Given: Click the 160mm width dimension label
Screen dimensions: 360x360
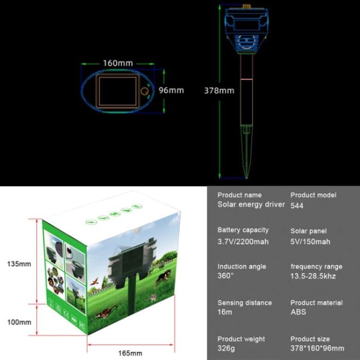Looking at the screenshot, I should pyautogui.click(x=118, y=63).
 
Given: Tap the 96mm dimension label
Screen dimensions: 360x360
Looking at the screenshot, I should pyautogui.click(x=171, y=90).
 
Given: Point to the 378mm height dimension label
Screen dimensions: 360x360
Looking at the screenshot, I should pyautogui.click(x=220, y=91).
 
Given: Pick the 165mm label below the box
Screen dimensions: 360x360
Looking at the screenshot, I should pyautogui.click(x=130, y=353).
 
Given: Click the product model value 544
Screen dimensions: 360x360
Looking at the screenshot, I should pyautogui.click(x=297, y=205).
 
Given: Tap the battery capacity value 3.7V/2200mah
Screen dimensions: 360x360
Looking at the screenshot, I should pyautogui.click(x=243, y=241).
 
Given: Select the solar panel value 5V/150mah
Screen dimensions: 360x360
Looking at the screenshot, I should pyautogui.click(x=310, y=241).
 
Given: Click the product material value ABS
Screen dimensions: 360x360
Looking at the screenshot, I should pyautogui.click(x=298, y=312).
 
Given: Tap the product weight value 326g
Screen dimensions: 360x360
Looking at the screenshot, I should pyautogui.click(x=226, y=348).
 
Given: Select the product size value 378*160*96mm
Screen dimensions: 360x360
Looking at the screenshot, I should pyautogui.click(x=317, y=348).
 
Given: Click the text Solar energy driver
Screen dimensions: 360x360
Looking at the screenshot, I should pyautogui.click(x=251, y=205).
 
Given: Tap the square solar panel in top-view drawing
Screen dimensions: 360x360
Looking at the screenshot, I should pyautogui.click(x=118, y=91).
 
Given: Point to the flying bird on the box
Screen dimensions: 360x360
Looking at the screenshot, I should pyautogui.click(x=95, y=282).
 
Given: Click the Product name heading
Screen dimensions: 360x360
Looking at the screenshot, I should pyautogui.click(x=239, y=195).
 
